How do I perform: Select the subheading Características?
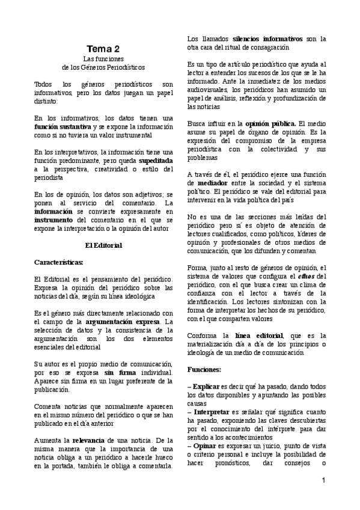coord(58,262)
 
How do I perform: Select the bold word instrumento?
coord(53,220)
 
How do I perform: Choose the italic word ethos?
coord(306,275)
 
